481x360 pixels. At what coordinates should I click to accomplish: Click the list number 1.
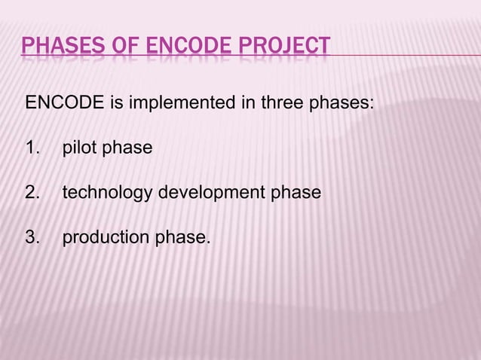32,148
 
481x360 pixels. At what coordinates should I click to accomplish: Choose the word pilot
80,148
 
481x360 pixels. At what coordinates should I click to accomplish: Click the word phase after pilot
127,148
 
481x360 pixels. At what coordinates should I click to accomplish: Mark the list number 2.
32,193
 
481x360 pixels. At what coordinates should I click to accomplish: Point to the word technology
106,193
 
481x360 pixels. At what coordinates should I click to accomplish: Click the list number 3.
32,238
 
